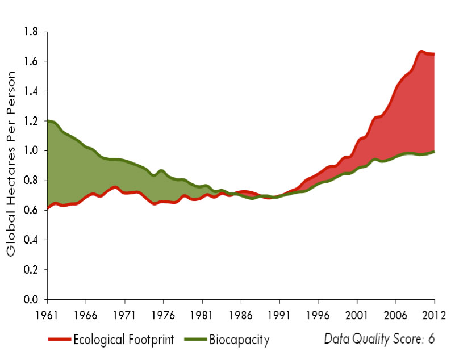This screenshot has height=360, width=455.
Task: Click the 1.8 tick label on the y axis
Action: (31, 32)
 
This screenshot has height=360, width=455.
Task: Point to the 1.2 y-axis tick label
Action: (31, 121)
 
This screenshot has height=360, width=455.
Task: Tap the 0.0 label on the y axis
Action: (31, 299)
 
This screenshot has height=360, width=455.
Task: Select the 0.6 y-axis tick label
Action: (31, 210)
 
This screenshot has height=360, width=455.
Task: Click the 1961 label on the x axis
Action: (47, 312)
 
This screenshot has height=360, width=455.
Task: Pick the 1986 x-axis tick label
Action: (241, 312)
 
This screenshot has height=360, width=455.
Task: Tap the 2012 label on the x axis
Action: (435, 312)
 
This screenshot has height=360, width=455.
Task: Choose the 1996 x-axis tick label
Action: (318, 312)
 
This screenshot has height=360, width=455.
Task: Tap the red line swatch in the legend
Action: (59, 340)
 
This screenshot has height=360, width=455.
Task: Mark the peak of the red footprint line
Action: (421, 52)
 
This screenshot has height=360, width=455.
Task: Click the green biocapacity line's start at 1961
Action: (48, 121)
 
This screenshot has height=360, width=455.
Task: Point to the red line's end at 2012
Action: (435, 54)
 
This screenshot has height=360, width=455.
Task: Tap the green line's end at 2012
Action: (435, 152)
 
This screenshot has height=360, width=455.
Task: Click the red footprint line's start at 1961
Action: (48, 208)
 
